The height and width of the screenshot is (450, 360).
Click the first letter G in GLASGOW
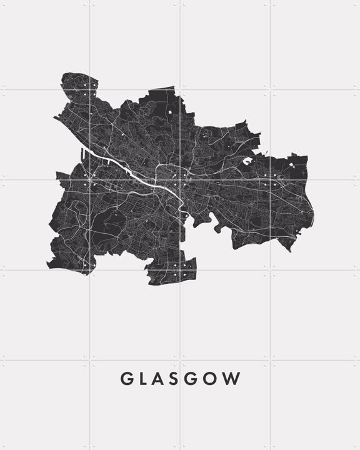coord(126,379)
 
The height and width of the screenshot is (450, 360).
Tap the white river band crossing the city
coord(134,176)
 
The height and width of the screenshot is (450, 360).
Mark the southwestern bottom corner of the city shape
coord(50,265)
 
